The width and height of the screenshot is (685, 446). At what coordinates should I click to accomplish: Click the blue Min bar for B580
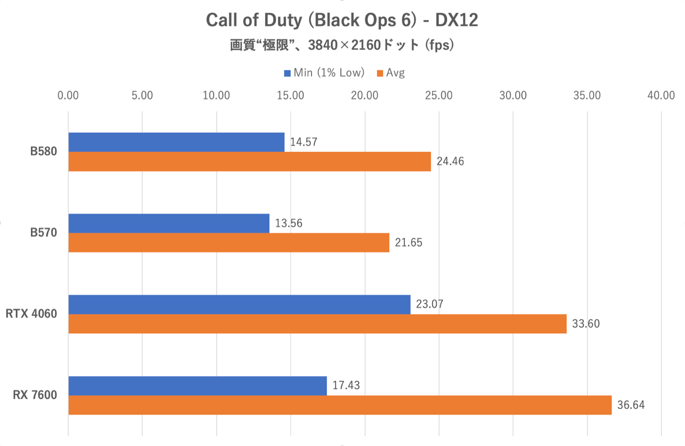[176, 142]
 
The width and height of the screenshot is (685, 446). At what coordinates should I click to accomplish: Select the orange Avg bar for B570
[229, 243]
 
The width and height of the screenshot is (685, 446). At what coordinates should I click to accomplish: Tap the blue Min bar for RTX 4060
[239, 305]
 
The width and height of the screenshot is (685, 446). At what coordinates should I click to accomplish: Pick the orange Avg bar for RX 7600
[340, 405]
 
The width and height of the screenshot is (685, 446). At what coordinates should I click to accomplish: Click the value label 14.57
[304, 142]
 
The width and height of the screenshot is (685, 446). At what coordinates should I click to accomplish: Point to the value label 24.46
[450, 162]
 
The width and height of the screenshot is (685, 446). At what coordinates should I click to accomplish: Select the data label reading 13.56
[289, 223]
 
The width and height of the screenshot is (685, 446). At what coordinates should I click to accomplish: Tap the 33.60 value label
[586, 324]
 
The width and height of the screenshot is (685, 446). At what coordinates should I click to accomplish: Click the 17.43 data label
[346, 385]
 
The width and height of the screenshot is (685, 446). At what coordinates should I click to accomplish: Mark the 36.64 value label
[631, 405]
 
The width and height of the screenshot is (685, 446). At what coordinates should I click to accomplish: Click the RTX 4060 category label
[31, 314]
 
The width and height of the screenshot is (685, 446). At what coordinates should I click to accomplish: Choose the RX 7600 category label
[35, 395]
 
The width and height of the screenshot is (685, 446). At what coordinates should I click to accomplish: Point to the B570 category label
[44, 233]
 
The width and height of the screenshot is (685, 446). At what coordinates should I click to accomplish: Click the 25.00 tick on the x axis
[439, 96]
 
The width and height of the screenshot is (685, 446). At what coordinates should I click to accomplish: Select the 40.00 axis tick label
[661, 96]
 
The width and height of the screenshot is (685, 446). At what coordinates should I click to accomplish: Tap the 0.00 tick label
[68, 96]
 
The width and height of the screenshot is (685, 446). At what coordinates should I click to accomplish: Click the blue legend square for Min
[287, 73]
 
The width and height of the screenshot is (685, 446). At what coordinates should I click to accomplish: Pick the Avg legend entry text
[395, 73]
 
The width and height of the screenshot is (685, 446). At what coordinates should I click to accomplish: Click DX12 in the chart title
[456, 20]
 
